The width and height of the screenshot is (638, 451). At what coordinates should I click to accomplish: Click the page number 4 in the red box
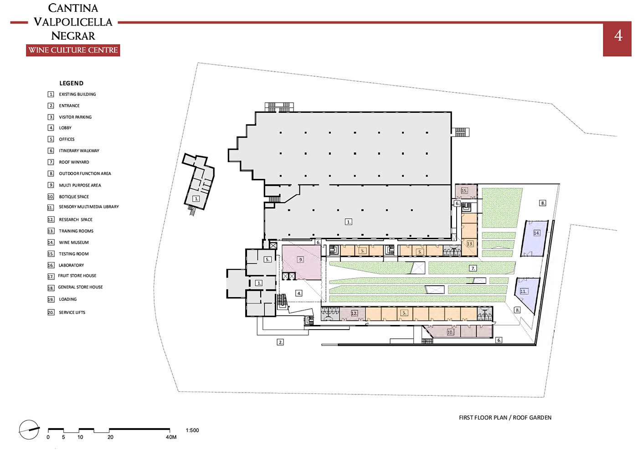tap(618, 36)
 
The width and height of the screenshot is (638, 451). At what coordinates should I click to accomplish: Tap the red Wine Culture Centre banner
tap(73, 50)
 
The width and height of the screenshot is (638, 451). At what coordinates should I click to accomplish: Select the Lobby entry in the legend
tap(60, 128)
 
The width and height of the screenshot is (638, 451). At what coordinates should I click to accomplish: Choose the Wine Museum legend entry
tap(68, 242)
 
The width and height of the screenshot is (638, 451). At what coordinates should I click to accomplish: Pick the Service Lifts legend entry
tap(67, 312)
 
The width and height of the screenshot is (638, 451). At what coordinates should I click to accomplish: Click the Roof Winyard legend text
tap(74, 162)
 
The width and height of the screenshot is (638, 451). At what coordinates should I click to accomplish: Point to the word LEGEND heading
tap(71, 83)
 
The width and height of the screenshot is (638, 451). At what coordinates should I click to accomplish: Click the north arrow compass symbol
tap(29, 430)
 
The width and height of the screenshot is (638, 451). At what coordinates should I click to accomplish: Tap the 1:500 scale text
tap(192, 430)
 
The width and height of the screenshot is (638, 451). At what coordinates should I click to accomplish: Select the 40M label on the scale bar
tap(171, 437)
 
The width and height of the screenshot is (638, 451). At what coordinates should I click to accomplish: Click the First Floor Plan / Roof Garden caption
tap(505, 418)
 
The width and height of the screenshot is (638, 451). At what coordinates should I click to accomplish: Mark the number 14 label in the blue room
tap(536, 233)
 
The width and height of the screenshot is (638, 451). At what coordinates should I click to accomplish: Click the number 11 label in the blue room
tap(524, 291)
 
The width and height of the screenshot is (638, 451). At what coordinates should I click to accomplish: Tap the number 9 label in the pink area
tap(300, 260)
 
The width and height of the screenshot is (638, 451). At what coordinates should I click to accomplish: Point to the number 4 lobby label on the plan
tap(299, 293)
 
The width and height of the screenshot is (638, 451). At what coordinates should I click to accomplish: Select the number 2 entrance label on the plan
tap(280, 342)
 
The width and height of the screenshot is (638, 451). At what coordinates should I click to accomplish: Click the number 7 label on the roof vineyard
tap(473, 268)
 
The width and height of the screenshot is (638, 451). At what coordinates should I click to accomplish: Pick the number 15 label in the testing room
tap(464, 190)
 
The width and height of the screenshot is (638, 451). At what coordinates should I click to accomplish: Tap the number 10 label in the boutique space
tap(450, 332)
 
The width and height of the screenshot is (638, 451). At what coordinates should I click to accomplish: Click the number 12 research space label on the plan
tap(354, 313)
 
